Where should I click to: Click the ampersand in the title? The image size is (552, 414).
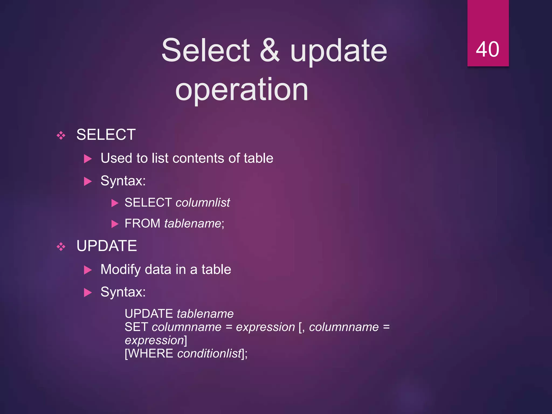tap(270, 50)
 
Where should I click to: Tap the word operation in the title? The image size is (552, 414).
tap(241, 89)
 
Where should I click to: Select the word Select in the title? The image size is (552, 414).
tap(206, 50)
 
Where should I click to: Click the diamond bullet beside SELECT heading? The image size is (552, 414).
tap(61, 135)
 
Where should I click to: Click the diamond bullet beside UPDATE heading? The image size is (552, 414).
tap(61, 246)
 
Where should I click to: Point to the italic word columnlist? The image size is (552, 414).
tap(203, 202)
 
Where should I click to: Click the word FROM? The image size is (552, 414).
tap(142, 223)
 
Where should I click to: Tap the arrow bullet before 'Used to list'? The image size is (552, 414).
tap(88, 158)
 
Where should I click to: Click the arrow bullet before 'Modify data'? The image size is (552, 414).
tap(88, 270)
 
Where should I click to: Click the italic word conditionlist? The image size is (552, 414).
tap(209, 353)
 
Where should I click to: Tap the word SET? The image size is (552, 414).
tap(136, 327)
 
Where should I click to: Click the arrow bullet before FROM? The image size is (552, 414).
tap(115, 224)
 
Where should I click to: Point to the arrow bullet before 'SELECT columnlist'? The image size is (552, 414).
tap(115, 203)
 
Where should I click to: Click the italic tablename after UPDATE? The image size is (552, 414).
tap(205, 314)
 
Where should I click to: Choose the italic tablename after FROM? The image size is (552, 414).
tap(193, 223)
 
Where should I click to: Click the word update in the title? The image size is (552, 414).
tap(339, 50)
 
